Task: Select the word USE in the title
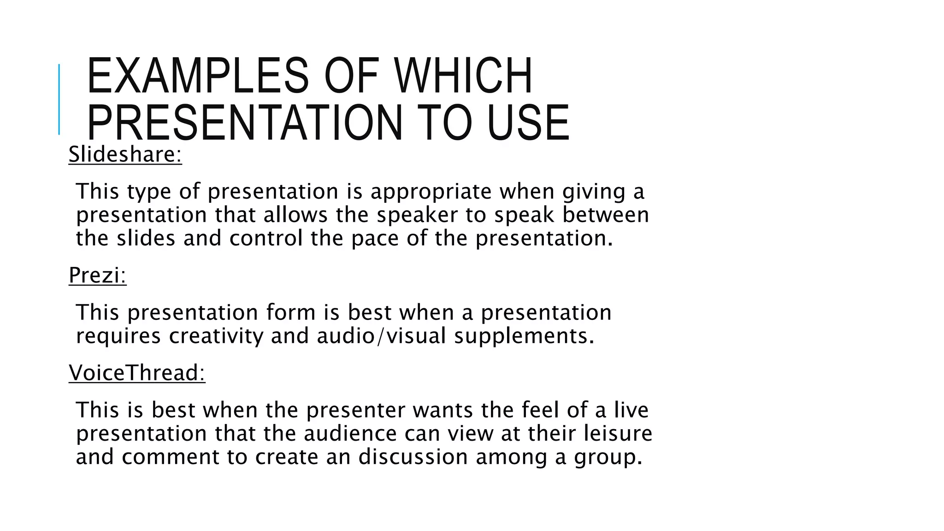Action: point(528,123)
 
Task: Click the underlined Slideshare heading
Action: point(125,154)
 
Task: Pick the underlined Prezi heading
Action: point(97,276)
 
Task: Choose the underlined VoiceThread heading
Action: point(137,373)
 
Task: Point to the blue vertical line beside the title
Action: point(59,99)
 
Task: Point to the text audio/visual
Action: point(381,336)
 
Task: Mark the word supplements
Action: point(524,336)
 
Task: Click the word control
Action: point(266,238)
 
